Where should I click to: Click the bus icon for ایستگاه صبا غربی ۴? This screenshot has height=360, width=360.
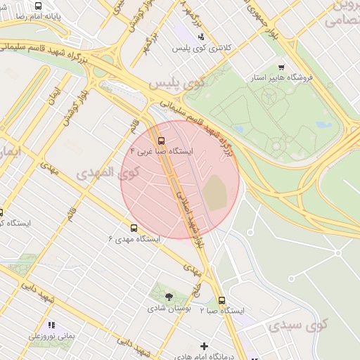pos(162,139)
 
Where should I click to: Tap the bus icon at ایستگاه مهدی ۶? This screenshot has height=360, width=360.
pos(134,228)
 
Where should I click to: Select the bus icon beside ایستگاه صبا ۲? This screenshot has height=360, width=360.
pos(222,300)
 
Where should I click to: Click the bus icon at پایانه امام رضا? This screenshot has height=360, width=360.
pos(37,5)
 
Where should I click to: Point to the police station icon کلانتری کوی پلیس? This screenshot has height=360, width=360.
pos(202,37)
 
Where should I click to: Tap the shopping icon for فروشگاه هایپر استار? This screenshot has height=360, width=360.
pos(281,67)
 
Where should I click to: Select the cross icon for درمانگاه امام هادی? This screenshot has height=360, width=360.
pos(204,346)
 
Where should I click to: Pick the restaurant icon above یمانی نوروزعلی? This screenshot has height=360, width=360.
pos(51,325)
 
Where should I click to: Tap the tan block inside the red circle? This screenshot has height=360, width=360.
pos(215,192)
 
